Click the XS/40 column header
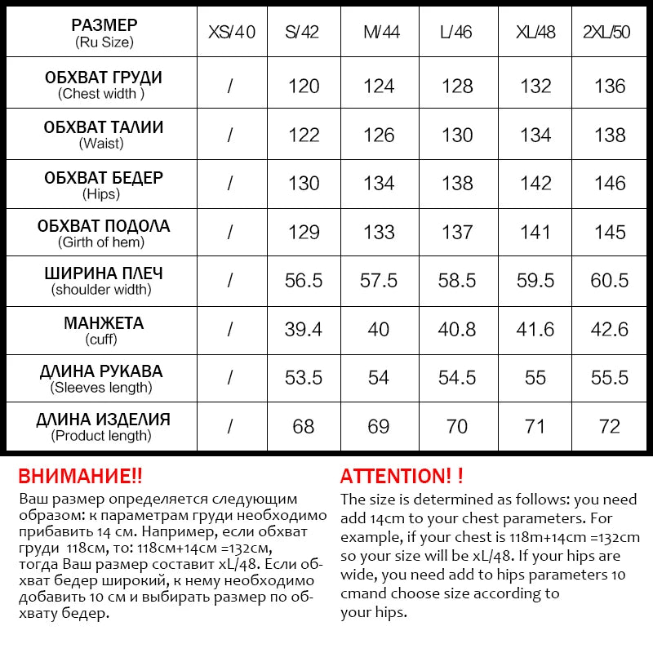coord(232,33)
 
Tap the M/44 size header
coord(380,33)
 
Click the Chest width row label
coord(102,85)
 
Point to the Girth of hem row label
coord(102,233)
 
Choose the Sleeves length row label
coord(102,379)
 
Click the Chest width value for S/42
coord(304,86)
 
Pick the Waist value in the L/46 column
coord(457,135)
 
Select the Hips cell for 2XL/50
coord(611,184)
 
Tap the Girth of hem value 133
coord(379,233)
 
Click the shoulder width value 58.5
coord(457,281)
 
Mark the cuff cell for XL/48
coord(535,329)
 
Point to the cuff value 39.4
coord(304,329)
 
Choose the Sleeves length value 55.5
coord(611,378)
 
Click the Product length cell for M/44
coord(379,427)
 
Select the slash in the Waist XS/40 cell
coord(231,135)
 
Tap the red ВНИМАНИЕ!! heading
coord(80,476)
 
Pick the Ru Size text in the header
coord(104,42)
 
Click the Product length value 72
coord(611,427)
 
